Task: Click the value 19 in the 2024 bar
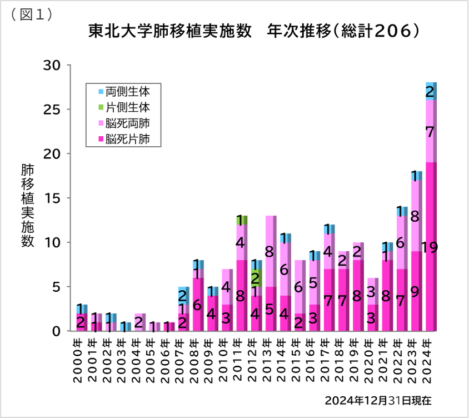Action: pos(429,247)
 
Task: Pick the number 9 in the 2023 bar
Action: pos(415,291)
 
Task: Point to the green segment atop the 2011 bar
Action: pos(241,220)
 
